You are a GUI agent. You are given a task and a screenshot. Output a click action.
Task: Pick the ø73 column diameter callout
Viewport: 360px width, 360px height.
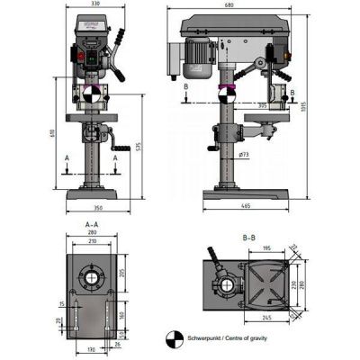(x=245, y=155)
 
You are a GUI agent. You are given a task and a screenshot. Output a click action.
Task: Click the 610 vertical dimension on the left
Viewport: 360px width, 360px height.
(x=53, y=135)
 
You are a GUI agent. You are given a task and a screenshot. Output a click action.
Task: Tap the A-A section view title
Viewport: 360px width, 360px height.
(x=91, y=223)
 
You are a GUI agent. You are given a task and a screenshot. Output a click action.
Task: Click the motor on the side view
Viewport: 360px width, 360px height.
(x=201, y=56)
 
